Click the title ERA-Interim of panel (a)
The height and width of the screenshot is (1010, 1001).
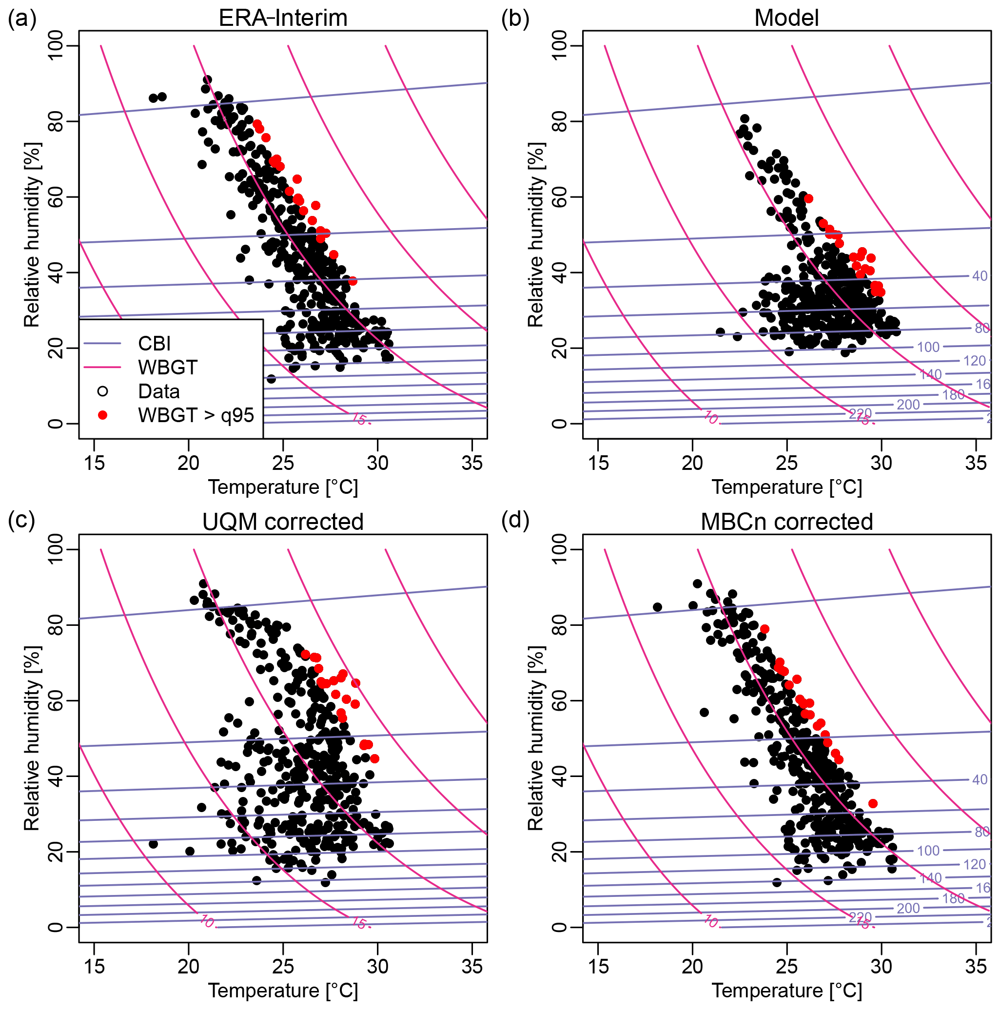click(x=283, y=19)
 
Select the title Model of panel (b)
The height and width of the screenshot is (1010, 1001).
click(x=786, y=19)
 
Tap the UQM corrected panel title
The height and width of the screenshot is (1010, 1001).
click(x=283, y=522)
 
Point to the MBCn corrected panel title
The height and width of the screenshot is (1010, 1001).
click(x=786, y=522)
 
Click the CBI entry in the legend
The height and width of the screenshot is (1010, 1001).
click(x=154, y=344)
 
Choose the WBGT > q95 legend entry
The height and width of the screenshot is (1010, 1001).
click(x=196, y=415)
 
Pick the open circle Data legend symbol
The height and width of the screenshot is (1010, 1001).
click(x=103, y=391)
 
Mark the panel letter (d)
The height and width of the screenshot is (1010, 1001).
click(x=515, y=520)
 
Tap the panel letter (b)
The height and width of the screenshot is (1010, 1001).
click(x=515, y=19)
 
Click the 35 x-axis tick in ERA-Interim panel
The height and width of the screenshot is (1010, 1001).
click(x=472, y=463)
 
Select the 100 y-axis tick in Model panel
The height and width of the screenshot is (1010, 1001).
click(x=560, y=45)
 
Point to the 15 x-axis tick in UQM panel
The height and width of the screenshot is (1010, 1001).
click(x=94, y=966)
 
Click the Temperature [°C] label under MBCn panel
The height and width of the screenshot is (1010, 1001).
click(x=786, y=990)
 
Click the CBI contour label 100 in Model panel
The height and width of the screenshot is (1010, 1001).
click(x=928, y=347)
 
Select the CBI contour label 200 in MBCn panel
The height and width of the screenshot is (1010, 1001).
click(x=908, y=908)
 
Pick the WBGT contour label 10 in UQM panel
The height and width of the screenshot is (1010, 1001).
click(x=208, y=922)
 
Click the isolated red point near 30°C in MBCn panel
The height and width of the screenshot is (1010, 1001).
click(x=873, y=803)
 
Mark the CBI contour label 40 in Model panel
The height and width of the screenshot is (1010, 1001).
click(x=980, y=276)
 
